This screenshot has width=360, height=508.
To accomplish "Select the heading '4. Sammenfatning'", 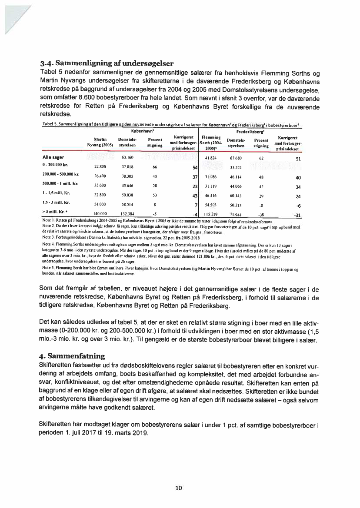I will coord(72,356).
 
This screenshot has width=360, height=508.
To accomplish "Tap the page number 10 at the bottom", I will coord(178,488).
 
